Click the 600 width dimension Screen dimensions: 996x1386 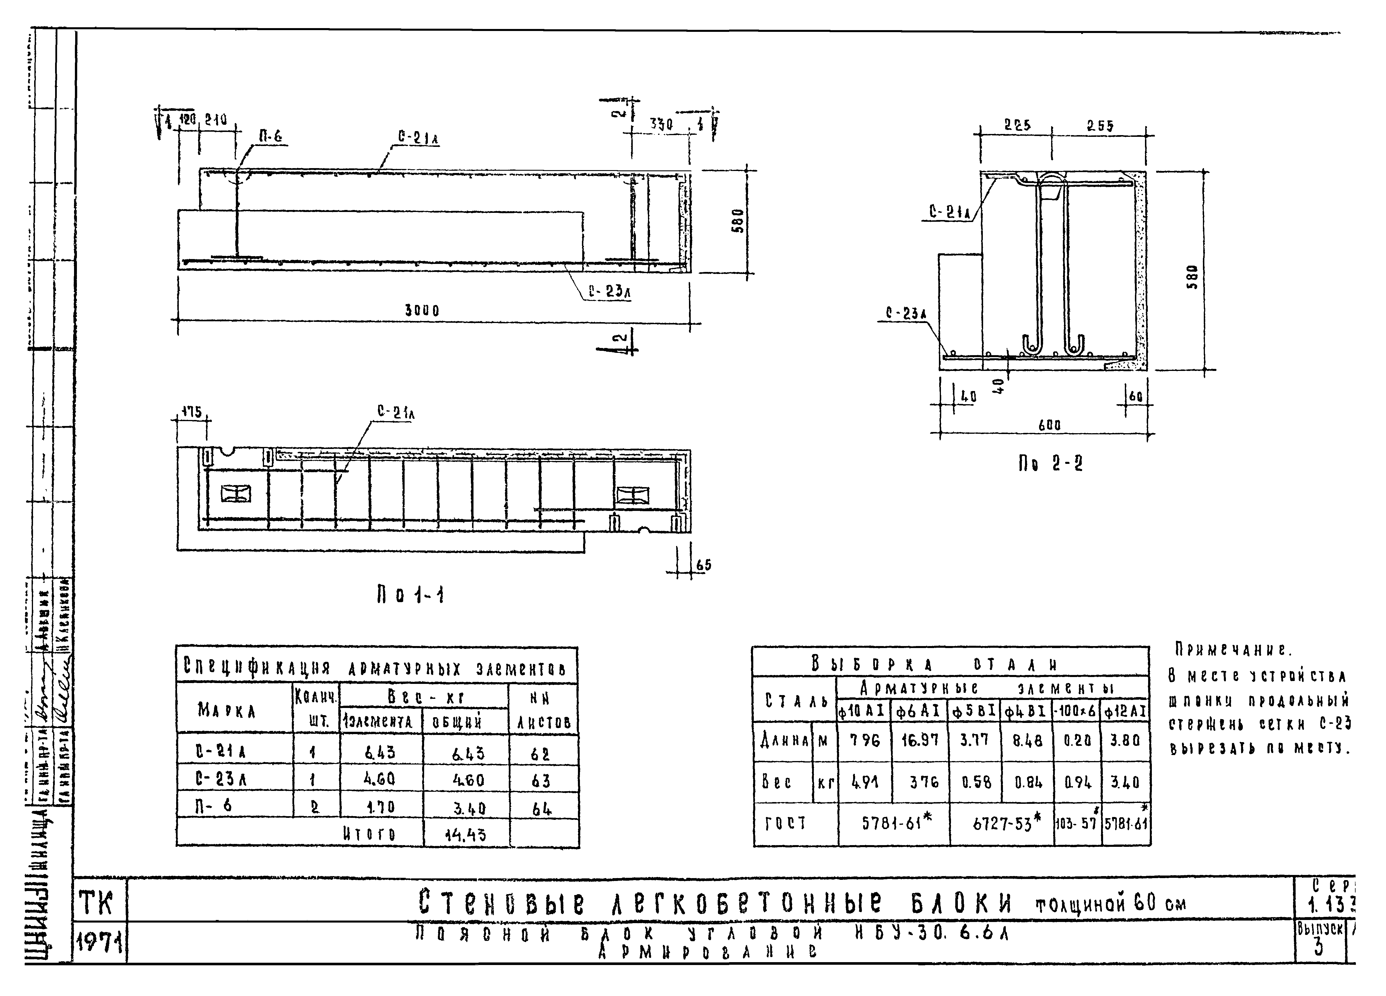click(1049, 425)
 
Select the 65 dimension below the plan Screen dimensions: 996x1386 click(703, 565)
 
